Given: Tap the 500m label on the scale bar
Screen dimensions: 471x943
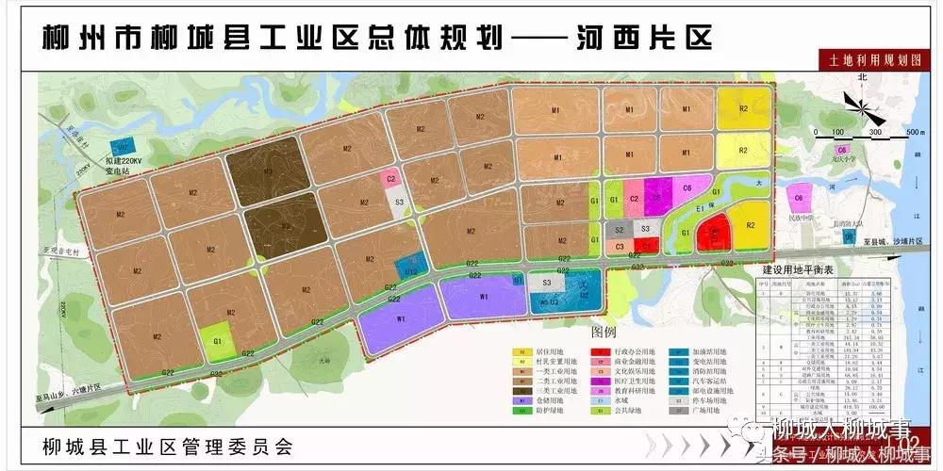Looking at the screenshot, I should point(912,132).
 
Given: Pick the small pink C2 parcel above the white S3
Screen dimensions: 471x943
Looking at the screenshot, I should point(391,177).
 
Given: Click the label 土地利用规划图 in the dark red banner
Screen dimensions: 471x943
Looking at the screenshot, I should point(867,59).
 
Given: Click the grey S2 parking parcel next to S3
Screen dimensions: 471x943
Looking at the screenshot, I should point(620,229).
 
